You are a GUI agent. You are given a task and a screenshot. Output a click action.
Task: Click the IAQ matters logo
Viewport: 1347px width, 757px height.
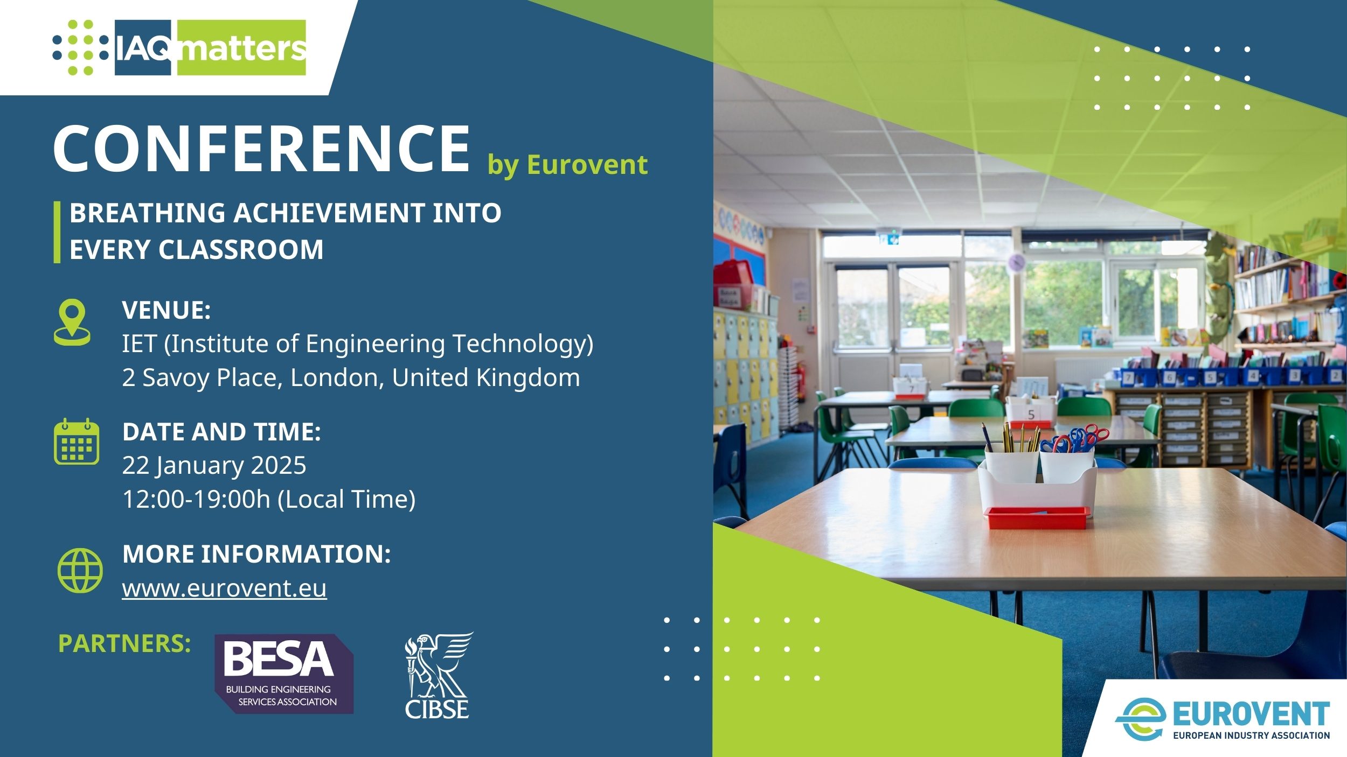(x=179, y=47)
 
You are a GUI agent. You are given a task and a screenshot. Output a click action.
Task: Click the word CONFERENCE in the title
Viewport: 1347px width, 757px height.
(x=262, y=148)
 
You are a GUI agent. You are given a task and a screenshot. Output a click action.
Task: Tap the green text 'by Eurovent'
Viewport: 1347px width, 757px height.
(x=567, y=165)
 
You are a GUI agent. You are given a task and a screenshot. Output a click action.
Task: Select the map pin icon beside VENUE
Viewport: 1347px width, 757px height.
(x=72, y=322)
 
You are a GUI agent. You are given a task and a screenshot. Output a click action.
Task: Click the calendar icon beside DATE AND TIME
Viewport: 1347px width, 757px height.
(x=77, y=441)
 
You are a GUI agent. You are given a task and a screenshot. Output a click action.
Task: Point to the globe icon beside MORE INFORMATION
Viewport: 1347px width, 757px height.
(x=80, y=570)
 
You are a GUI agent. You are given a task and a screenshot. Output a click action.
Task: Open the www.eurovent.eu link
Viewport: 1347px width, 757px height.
(x=224, y=588)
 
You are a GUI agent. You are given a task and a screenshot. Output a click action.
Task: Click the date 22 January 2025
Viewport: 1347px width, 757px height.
(x=214, y=466)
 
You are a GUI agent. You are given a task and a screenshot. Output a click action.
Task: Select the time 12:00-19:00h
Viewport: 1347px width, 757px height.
(x=196, y=499)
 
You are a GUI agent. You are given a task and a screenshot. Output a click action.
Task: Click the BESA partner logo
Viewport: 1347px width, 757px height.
(x=284, y=674)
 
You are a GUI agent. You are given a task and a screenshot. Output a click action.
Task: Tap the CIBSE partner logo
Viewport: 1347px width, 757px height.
(x=438, y=676)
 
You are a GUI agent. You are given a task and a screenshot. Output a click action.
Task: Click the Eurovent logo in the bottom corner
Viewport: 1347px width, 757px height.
(x=1222, y=719)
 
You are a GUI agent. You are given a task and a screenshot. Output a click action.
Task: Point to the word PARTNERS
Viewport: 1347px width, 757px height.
(x=124, y=643)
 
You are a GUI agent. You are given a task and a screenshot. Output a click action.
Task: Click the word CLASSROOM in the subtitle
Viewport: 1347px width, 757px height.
(x=241, y=249)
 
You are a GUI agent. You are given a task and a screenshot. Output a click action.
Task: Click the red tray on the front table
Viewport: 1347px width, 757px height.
(x=1037, y=517)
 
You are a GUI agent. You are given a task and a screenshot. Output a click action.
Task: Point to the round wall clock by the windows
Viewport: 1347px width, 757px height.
(x=1016, y=262)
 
